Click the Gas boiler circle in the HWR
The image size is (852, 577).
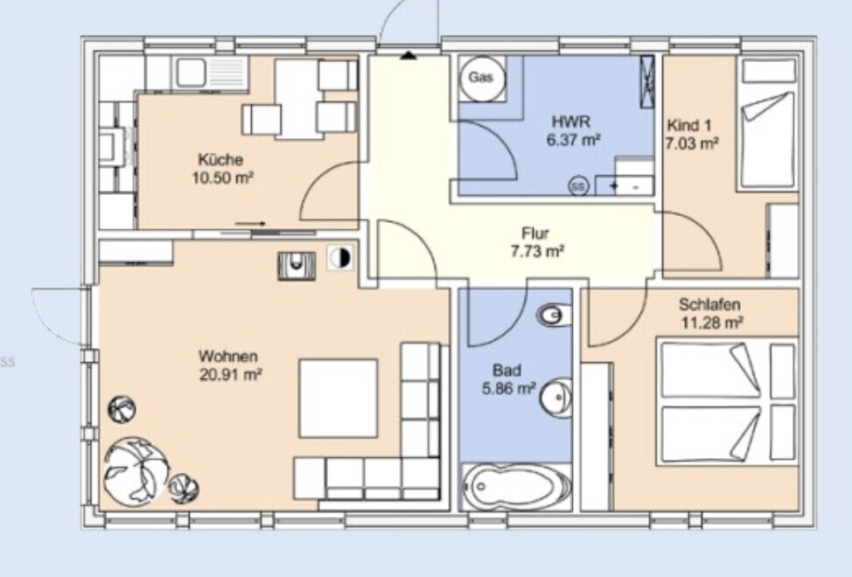click(481, 78)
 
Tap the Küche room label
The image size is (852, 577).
click(220, 160)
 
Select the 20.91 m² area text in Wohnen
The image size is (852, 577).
click(231, 374)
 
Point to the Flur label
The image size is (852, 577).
click(535, 233)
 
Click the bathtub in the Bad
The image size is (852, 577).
click(516, 486)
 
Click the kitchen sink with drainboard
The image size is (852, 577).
click(212, 73)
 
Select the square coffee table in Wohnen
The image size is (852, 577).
click(338, 399)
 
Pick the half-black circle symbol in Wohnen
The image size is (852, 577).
click(340, 257)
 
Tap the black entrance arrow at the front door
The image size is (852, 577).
click(409, 55)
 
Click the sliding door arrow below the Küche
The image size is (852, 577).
click(250, 223)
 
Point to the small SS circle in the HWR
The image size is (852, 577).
click(579, 186)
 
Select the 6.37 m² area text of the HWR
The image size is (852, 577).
click(573, 140)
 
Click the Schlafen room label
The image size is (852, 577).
click(709, 304)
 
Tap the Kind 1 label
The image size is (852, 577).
click(688, 125)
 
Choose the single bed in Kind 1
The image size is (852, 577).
click(768, 124)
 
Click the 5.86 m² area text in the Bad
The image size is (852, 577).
click(508, 389)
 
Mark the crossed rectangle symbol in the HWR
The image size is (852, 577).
click(646, 82)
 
